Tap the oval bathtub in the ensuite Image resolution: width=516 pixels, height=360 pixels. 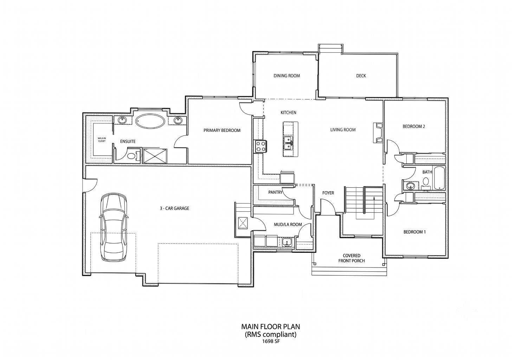coord(150,121)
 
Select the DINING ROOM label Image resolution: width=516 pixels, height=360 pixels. coord(286,76)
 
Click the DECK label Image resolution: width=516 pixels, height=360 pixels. coord(361,76)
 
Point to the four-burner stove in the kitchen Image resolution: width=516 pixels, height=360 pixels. coord(260,147)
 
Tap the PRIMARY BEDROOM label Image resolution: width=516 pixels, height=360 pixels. coord(222,130)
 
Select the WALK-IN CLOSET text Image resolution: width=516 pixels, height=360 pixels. coord(102,140)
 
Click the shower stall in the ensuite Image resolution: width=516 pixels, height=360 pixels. coord(155,156)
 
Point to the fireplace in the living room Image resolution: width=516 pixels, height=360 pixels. coord(378,133)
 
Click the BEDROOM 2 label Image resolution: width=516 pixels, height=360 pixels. coord(414,127)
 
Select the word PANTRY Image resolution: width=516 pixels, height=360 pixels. coord(275,192)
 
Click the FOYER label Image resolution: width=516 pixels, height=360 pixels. coord(328,193)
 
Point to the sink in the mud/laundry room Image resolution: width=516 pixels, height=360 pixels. coord(287,242)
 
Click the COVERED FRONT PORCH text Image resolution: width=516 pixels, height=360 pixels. coord(351,258)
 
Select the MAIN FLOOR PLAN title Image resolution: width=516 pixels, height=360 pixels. coord(271,327)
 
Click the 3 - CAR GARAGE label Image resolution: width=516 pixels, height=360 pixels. coord(174,208)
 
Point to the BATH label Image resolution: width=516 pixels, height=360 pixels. coord(427,172)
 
